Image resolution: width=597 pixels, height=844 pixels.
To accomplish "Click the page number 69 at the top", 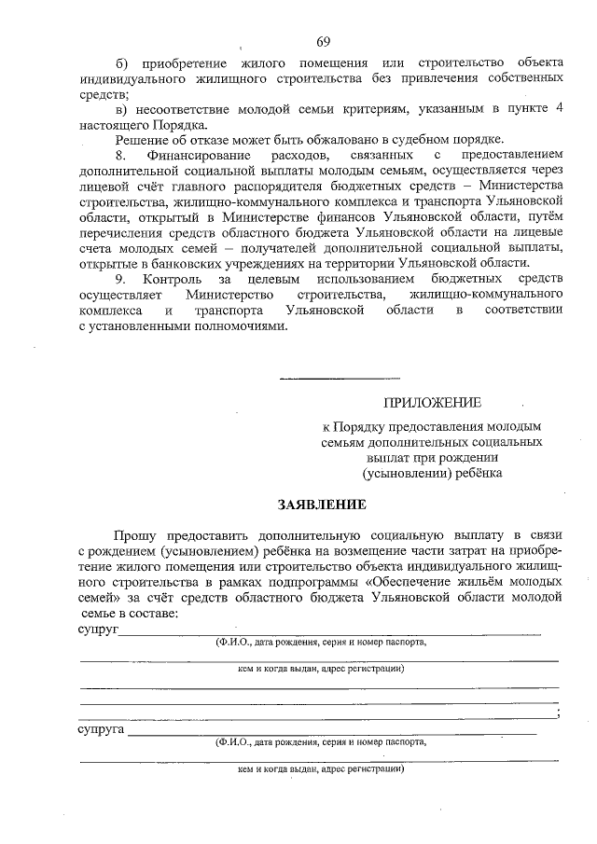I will [324, 41].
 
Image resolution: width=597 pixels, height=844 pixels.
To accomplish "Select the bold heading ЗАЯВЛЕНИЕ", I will [321, 504].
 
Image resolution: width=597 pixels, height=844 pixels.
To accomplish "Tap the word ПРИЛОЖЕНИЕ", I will [433, 403].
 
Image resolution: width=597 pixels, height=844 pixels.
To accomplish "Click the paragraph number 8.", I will [118, 153].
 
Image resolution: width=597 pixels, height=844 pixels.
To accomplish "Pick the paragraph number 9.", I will [118, 279].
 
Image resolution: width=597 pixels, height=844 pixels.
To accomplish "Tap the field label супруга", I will [101, 729].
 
